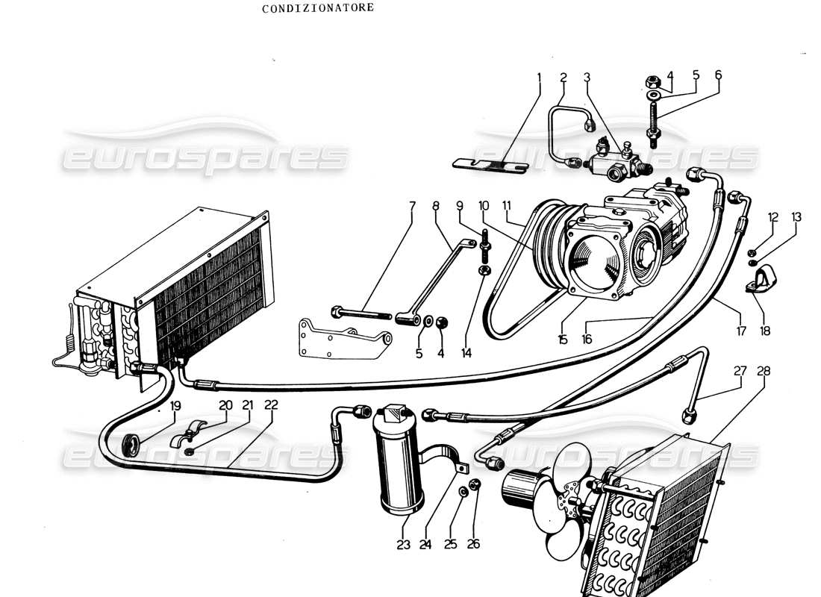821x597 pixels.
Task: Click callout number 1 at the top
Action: tap(538, 77)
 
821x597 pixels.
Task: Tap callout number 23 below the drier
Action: tap(404, 545)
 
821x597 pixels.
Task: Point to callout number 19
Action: tap(175, 406)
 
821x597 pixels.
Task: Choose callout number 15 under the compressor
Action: tap(562, 340)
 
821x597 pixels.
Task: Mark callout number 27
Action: tap(740, 371)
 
